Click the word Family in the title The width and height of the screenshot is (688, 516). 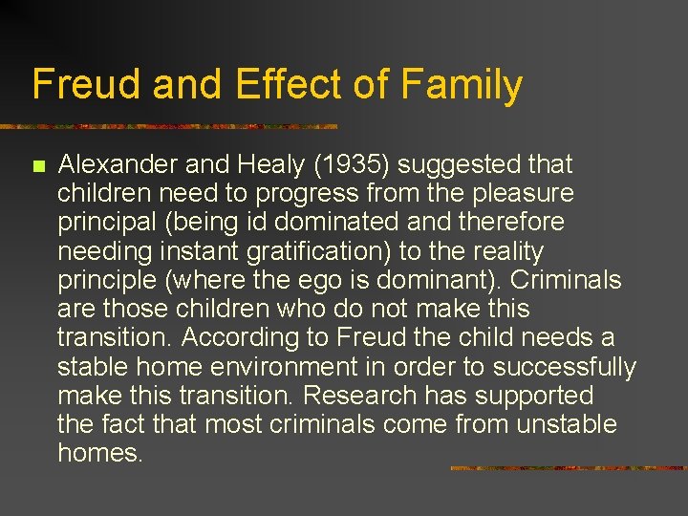point(462,84)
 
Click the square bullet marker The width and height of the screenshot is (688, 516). point(38,166)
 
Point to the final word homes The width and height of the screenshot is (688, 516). point(99,453)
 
